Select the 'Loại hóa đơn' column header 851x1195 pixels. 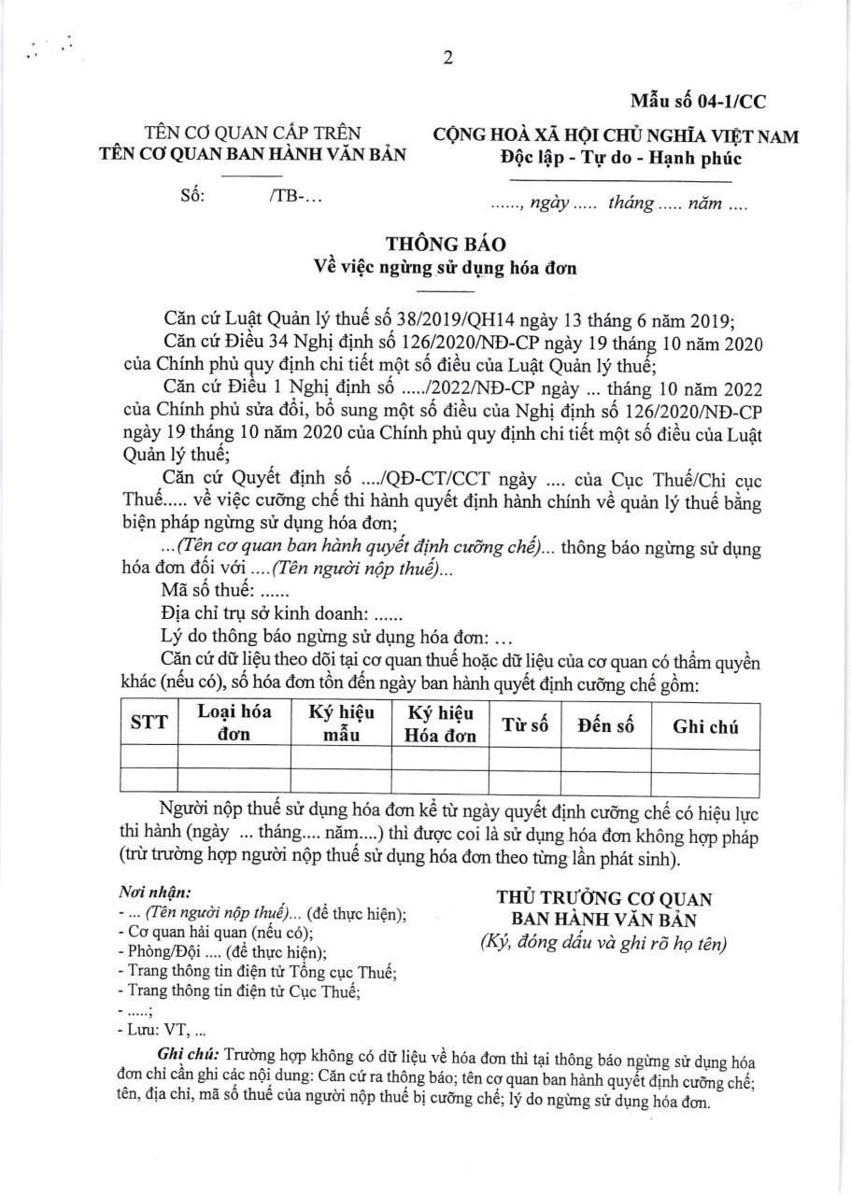coord(234,723)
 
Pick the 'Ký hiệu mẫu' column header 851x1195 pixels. coord(341,723)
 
